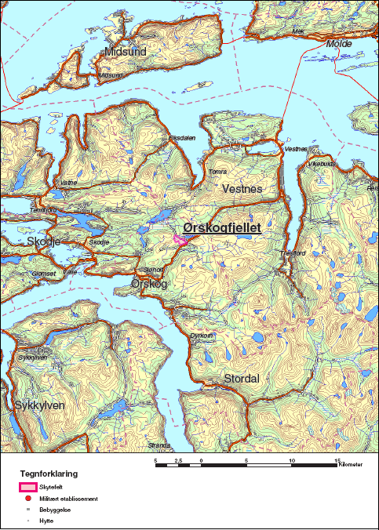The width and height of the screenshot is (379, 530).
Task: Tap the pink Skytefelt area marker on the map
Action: (x=180, y=241)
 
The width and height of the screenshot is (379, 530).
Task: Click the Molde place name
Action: (x=338, y=44)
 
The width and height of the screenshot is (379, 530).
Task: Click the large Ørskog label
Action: (x=149, y=283)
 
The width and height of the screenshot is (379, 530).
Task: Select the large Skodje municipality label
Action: (x=43, y=241)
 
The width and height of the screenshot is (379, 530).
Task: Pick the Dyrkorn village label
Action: (x=202, y=335)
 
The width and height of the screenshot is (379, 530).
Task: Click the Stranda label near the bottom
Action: (x=159, y=445)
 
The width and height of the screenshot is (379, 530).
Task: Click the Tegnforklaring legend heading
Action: (x=49, y=474)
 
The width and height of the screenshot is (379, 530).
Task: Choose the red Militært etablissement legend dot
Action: (x=27, y=499)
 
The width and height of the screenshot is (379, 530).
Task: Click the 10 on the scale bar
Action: (x=293, y=461)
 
